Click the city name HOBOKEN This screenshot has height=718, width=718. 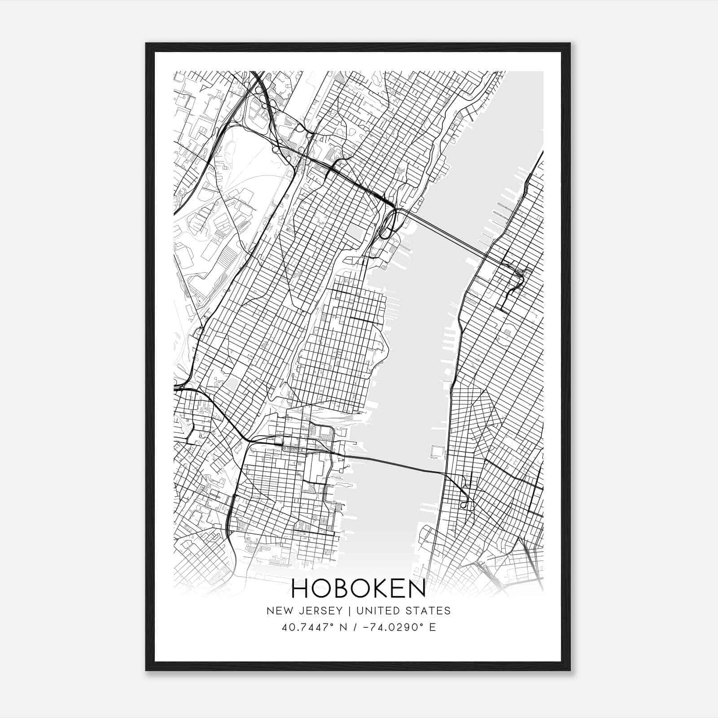[359, 589]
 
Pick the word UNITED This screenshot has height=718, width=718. [376, 610]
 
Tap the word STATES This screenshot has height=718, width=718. [428, 610]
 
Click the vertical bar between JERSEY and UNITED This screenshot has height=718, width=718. [349, 610]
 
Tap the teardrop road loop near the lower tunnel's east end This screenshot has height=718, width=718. [464, 505]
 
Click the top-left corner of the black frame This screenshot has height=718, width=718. [147, 44]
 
